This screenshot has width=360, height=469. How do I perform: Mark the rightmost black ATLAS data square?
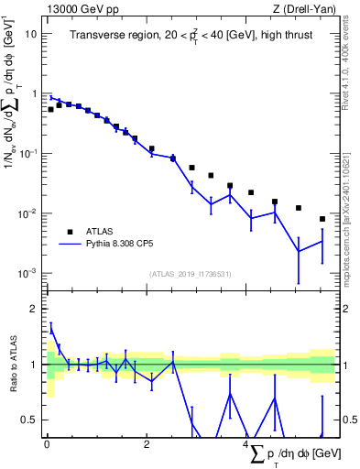(322, 219)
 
